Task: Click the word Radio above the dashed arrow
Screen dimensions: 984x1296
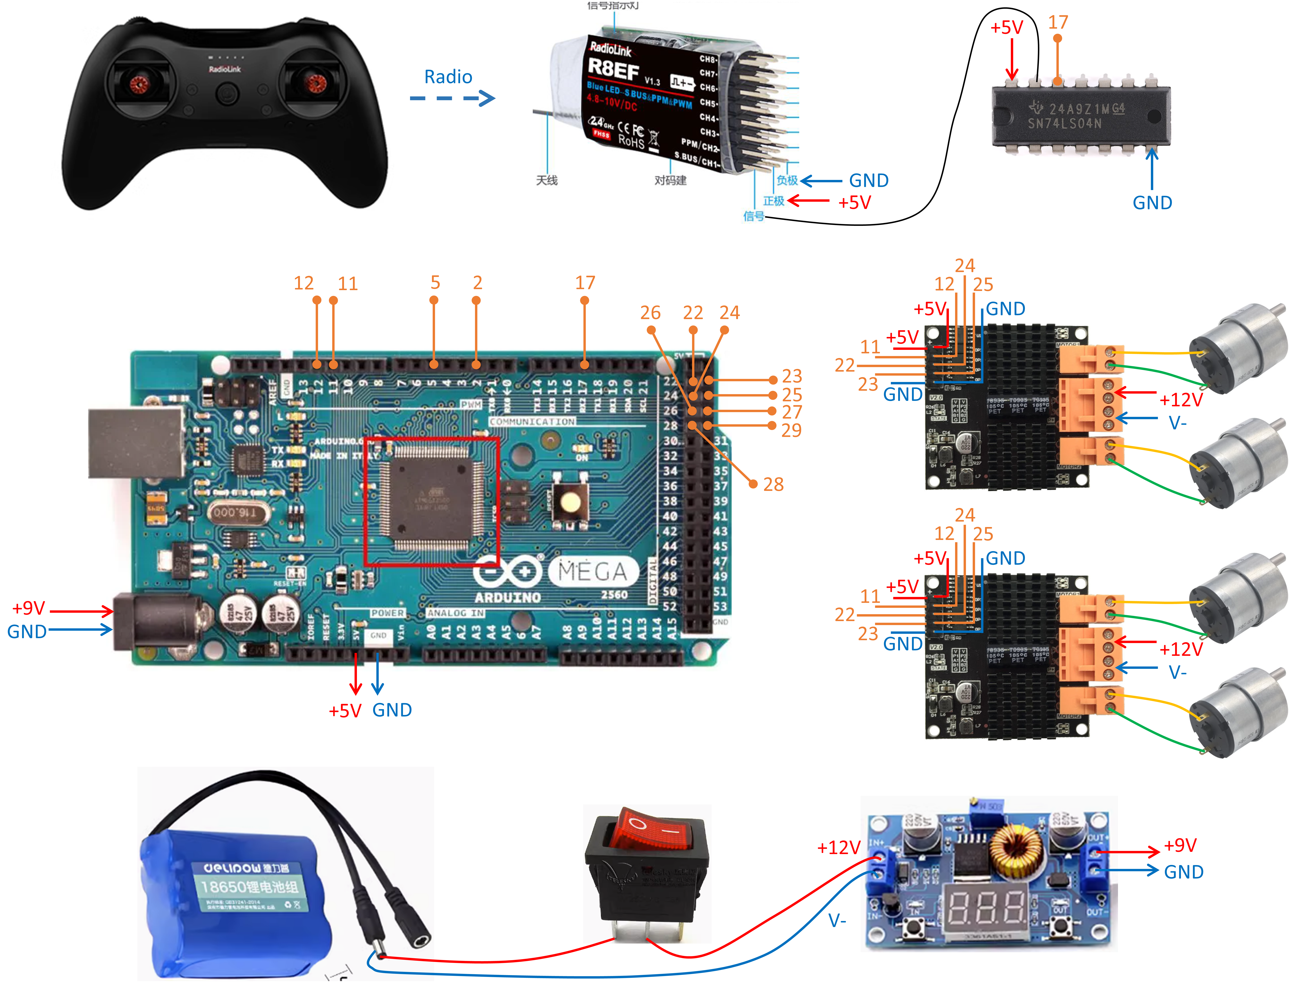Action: pos(448,77)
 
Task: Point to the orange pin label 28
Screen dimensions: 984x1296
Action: pos(773,484)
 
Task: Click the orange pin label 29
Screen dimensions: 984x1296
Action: pos(792,430)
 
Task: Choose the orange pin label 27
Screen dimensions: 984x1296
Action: pos(792,412)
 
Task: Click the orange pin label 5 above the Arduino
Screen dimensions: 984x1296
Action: pos(435,283)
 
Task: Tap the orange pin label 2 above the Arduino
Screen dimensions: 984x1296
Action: pos(478,283)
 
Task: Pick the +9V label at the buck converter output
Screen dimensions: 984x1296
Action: pos(1180,845)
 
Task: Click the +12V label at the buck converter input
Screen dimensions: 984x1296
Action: pos(838,847)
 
